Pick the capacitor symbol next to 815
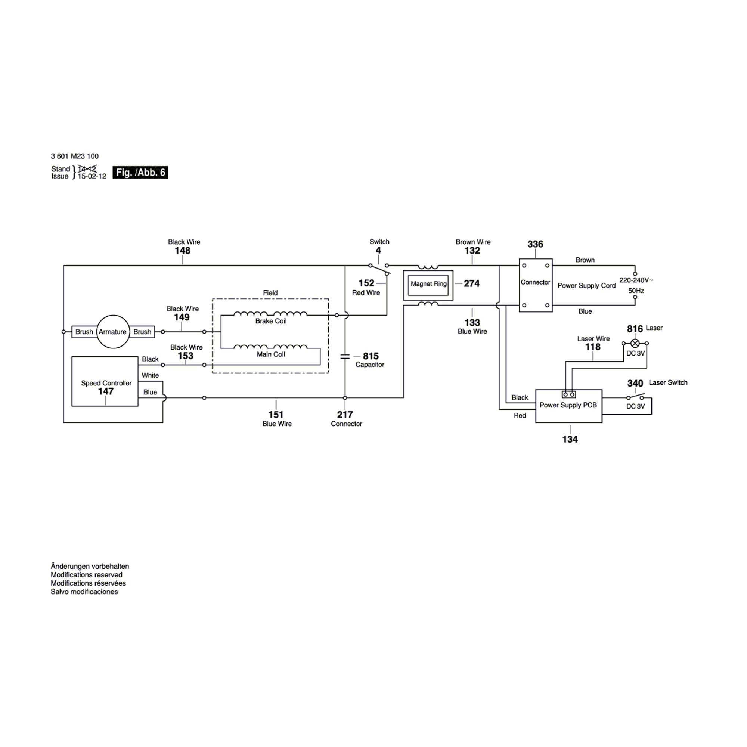tap(345, 356)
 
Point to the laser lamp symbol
tap(635, 343)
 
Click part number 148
tap(183, 251)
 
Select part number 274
tap(471, 283)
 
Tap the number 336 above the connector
tap(535, 244)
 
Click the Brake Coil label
tap(271, 321)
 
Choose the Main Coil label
tap(271, 354)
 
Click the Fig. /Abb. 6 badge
tap(140, 173)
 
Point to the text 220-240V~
tap(636, 280)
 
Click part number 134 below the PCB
tap(570, 439)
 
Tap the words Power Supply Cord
tap(586, 286)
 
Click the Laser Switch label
tap(668, 382)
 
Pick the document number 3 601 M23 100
tap(75, 156)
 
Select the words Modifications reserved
tap(86, 575)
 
